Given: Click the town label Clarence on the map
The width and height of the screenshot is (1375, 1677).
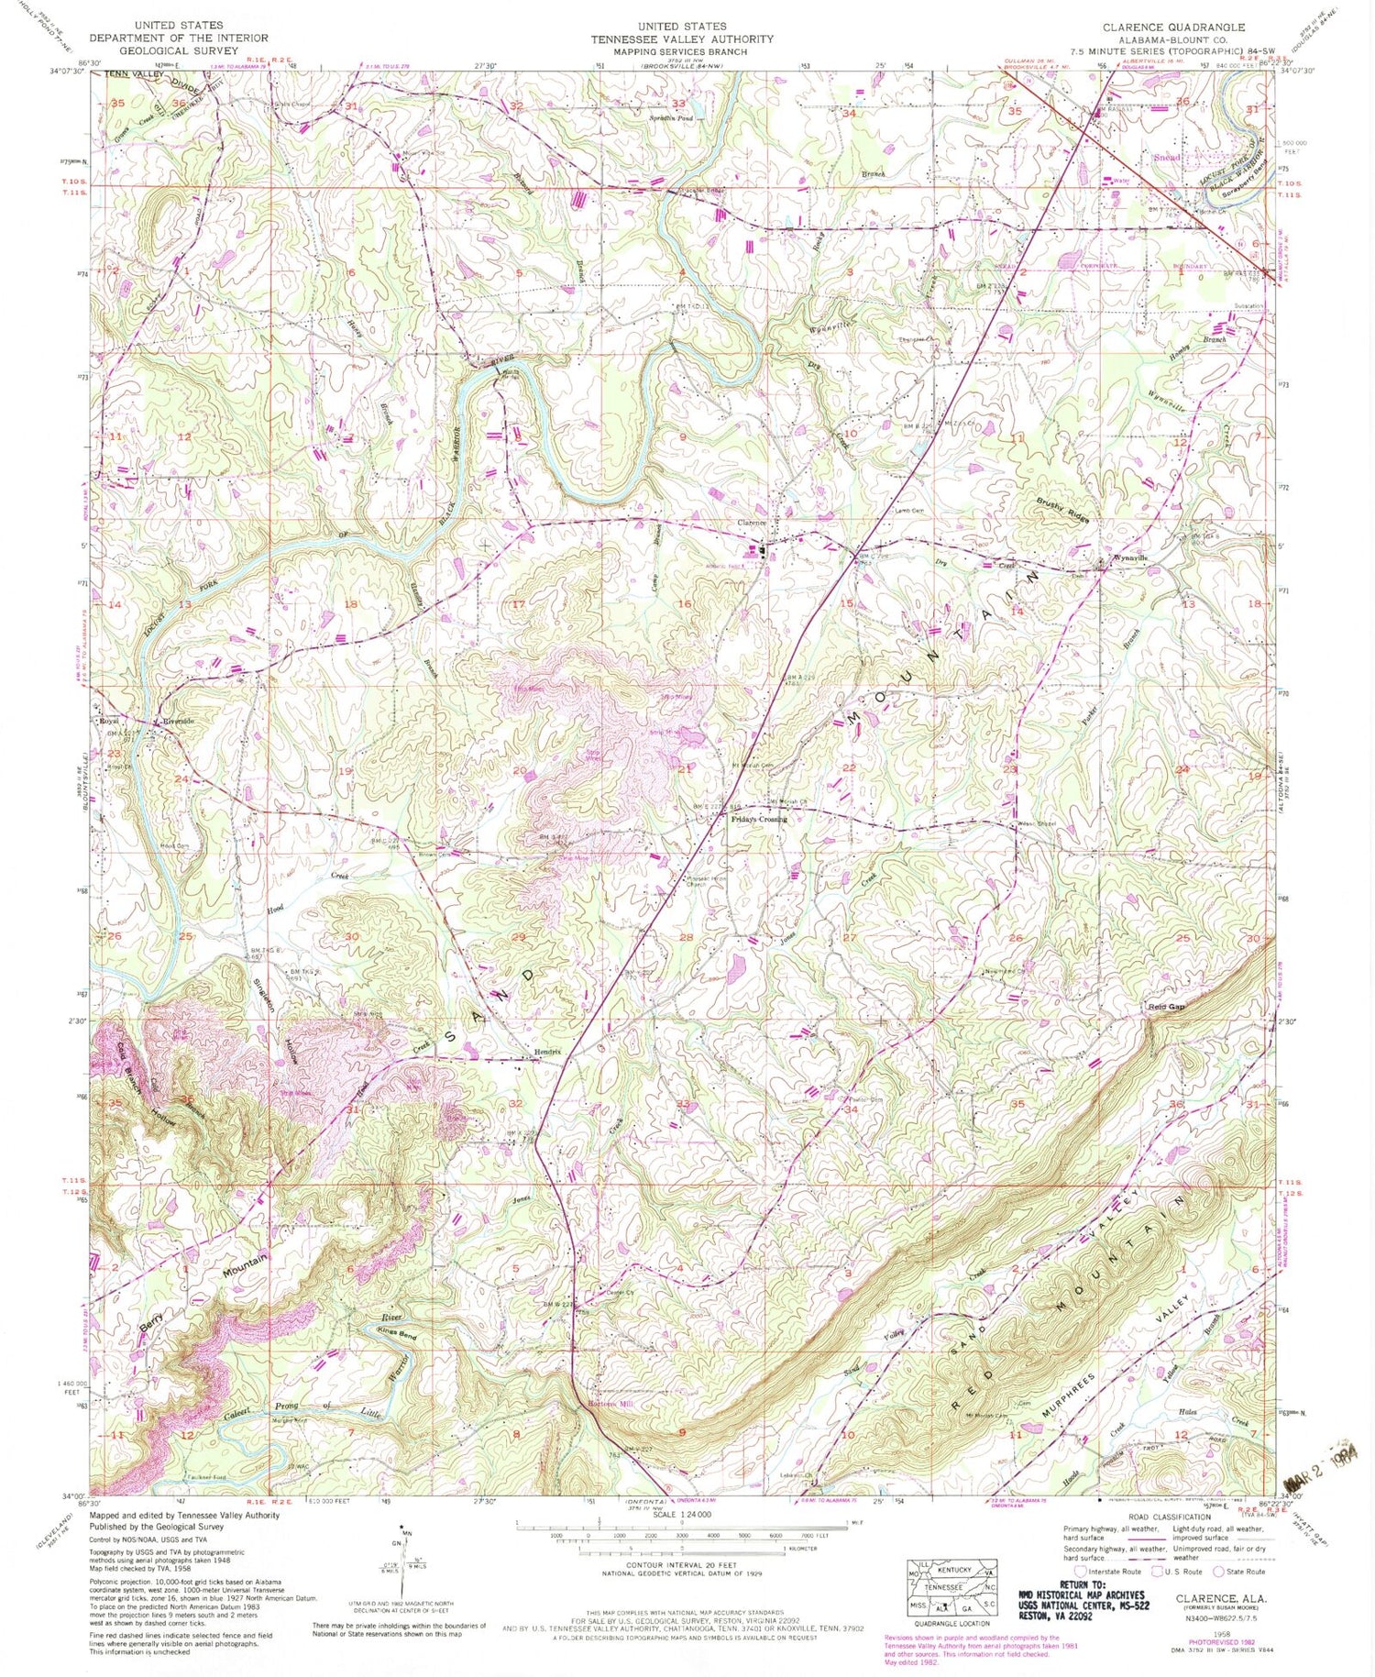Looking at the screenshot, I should point(751,523).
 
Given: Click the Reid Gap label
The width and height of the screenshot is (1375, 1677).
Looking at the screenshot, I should point(1166,1007).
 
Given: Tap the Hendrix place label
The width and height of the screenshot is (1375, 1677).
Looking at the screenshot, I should point(548,1052).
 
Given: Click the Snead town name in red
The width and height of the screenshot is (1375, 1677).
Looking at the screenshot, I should point(1167,158).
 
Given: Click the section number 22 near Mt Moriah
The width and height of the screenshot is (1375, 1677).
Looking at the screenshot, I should point(849,767).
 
